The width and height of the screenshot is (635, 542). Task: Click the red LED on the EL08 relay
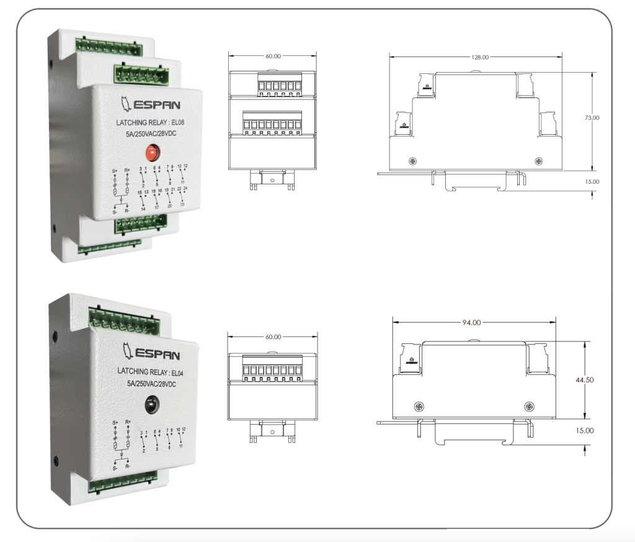[x=151, y=151]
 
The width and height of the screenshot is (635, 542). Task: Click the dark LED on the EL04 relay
[x=151, y=405]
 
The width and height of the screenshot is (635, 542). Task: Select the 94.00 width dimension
[x=471, y=322]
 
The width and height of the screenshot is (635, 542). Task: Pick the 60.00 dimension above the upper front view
[x=273, y=56]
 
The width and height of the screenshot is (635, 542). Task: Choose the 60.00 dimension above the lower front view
[x=273, y=337]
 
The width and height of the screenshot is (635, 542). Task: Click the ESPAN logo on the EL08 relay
[x=148, y=103]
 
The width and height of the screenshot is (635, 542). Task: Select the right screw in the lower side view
[x=528, y=407]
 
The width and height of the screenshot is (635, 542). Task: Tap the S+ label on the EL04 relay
[x=115, y=422]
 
